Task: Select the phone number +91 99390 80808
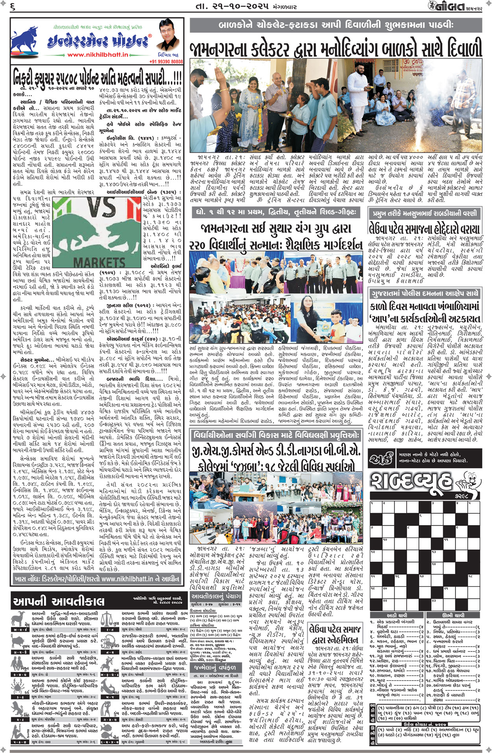166,62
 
